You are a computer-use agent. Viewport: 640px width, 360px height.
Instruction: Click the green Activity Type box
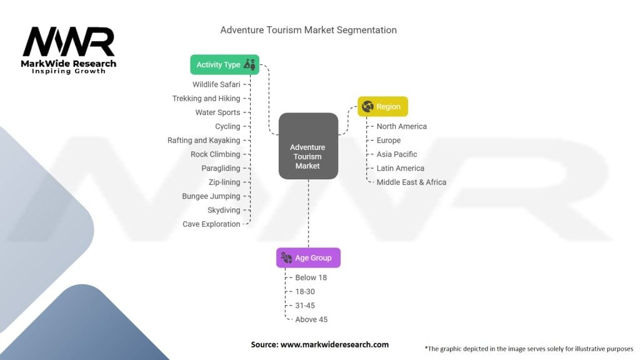[x=225, y=64]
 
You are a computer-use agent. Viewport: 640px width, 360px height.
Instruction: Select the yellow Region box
[x=382, y=106]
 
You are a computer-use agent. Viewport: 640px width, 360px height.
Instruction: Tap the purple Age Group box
[x=308, y=257]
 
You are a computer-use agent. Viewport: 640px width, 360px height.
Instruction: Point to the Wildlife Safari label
[x=216, y=84]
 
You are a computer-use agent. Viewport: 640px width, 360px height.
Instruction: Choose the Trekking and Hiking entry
[x=206, y=98]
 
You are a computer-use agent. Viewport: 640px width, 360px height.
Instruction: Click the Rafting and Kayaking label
[x=204, y=140]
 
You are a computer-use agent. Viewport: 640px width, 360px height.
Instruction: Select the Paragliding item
[x=221, y=168]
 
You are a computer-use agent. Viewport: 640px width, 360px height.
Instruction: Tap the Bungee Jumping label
[x=211, y=196]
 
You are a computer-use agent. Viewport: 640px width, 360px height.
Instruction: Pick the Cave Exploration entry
[x=211, y=224]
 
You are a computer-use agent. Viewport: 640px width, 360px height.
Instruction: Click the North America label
[x=401, y=126]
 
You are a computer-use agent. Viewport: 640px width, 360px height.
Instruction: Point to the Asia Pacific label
[x=396, y=154]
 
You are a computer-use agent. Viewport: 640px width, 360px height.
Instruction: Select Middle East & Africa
[x=411, y=182]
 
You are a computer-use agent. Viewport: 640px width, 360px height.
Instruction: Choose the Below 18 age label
[x=311, y=277]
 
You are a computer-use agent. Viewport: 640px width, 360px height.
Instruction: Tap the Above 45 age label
[x=311, y=319]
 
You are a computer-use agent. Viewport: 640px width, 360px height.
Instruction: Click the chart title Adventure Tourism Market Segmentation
[x=308, y=30]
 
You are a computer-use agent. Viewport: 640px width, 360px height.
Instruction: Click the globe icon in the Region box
[x=367, y=106]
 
